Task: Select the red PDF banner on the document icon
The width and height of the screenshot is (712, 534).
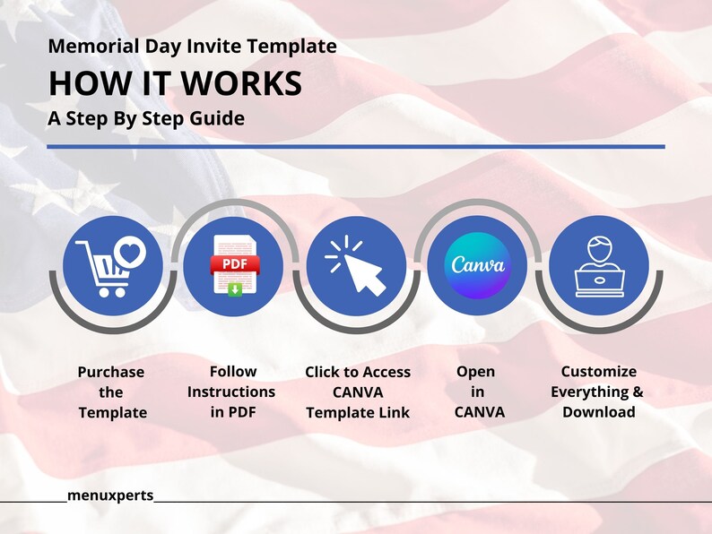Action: coord(235,264)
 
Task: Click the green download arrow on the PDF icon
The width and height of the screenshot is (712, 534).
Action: coord(235,289)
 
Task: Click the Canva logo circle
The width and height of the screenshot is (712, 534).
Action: coord(477,265)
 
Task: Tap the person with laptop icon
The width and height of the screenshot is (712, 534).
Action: coord(599,267)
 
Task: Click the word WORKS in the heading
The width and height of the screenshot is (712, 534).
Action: coord(241,83)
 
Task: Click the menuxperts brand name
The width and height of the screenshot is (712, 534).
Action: coord(110,495)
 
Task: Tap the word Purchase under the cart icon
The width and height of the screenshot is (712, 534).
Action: coord(111,372)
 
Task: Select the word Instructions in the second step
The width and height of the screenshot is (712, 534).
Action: coord(231,392)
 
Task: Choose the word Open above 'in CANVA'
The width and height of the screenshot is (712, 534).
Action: coord(475,372)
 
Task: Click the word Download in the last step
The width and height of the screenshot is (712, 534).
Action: coord(598,412)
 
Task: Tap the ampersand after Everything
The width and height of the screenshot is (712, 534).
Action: coord(638,392)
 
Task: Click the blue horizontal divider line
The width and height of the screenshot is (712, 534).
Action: coord(356,147)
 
